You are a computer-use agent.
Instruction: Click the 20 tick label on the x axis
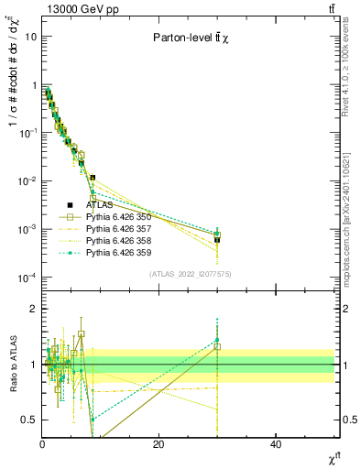click(x=159, y=443)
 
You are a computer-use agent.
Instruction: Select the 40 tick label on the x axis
click(x=276, y=443)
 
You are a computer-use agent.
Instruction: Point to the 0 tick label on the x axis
click(x=42, y=443)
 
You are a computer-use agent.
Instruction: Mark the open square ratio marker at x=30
click(x=217, y=347)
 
